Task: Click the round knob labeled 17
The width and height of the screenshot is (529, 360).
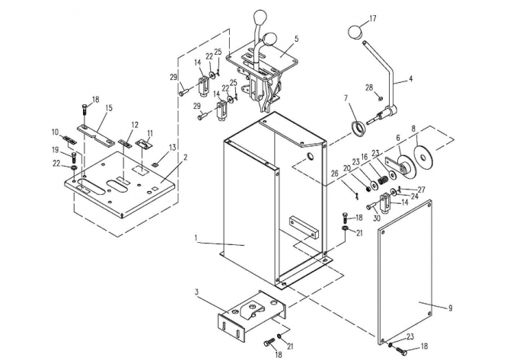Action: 355,31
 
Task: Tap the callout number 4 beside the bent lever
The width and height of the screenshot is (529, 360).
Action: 410,78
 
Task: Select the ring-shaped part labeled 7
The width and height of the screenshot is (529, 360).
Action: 359,129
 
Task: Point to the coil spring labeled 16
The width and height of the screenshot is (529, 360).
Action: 382,181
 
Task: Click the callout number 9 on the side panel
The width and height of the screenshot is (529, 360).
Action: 450,308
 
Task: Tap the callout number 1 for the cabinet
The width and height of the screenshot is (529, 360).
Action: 196,238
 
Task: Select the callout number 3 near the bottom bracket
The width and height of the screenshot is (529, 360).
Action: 196,292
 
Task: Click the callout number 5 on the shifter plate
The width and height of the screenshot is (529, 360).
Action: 296,39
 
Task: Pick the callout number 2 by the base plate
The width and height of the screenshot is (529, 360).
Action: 185,158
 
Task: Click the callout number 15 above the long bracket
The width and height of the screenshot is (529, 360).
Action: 109,108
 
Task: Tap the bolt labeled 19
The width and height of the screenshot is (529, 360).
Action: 74,158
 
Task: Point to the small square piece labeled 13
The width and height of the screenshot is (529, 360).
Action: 155,164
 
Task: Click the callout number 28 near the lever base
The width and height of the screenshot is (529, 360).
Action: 369,88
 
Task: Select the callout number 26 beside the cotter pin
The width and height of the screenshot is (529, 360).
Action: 334,174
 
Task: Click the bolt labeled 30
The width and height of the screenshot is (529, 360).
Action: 371,205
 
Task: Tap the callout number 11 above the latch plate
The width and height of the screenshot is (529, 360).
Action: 150,133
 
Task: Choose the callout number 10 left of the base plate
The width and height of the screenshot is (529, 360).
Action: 56,132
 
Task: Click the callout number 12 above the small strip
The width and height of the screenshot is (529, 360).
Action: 135,125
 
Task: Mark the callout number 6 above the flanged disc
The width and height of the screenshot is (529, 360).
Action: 398,138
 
